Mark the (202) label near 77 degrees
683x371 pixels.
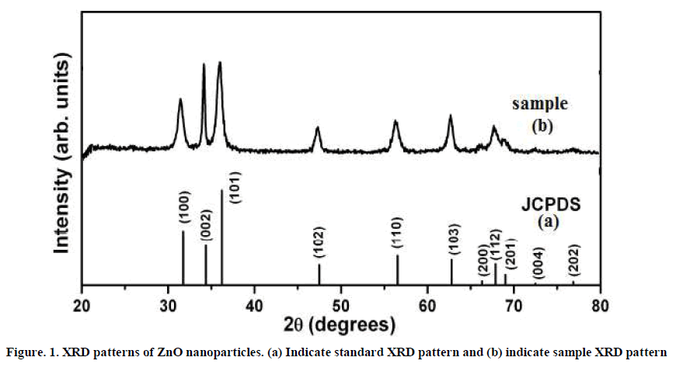tap(573, 262)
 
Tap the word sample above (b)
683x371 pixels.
tap(539, 103)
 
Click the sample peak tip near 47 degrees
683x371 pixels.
tap(317, 127)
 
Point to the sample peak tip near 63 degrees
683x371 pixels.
tap(450, 116)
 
